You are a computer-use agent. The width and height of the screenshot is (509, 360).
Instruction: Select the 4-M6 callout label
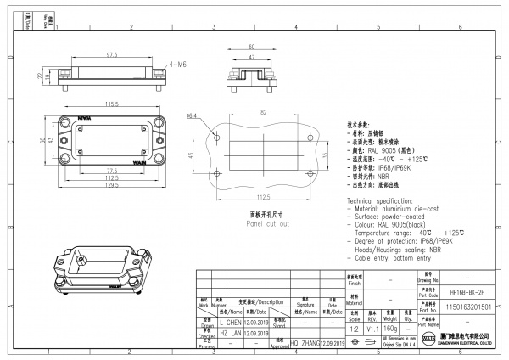(178, 65)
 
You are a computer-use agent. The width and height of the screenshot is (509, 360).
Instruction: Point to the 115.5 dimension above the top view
(110, 104)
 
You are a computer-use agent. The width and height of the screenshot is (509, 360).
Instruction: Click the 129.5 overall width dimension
(110, 186)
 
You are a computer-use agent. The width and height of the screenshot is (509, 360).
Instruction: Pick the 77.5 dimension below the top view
(110, 171)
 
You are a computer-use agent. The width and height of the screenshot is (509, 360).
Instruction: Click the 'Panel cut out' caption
(268, 224)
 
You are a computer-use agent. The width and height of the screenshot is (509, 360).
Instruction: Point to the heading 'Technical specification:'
(385, 198)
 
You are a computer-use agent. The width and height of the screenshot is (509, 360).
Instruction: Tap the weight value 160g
(390, 327)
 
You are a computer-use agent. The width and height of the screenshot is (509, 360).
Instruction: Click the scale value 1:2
(353, 327)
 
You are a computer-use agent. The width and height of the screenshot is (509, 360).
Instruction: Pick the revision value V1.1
(372, 327)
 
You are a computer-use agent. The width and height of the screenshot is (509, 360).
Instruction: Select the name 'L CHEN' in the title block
(231, 323)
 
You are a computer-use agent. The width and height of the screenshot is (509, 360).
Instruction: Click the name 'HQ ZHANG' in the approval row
(304, 342)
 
